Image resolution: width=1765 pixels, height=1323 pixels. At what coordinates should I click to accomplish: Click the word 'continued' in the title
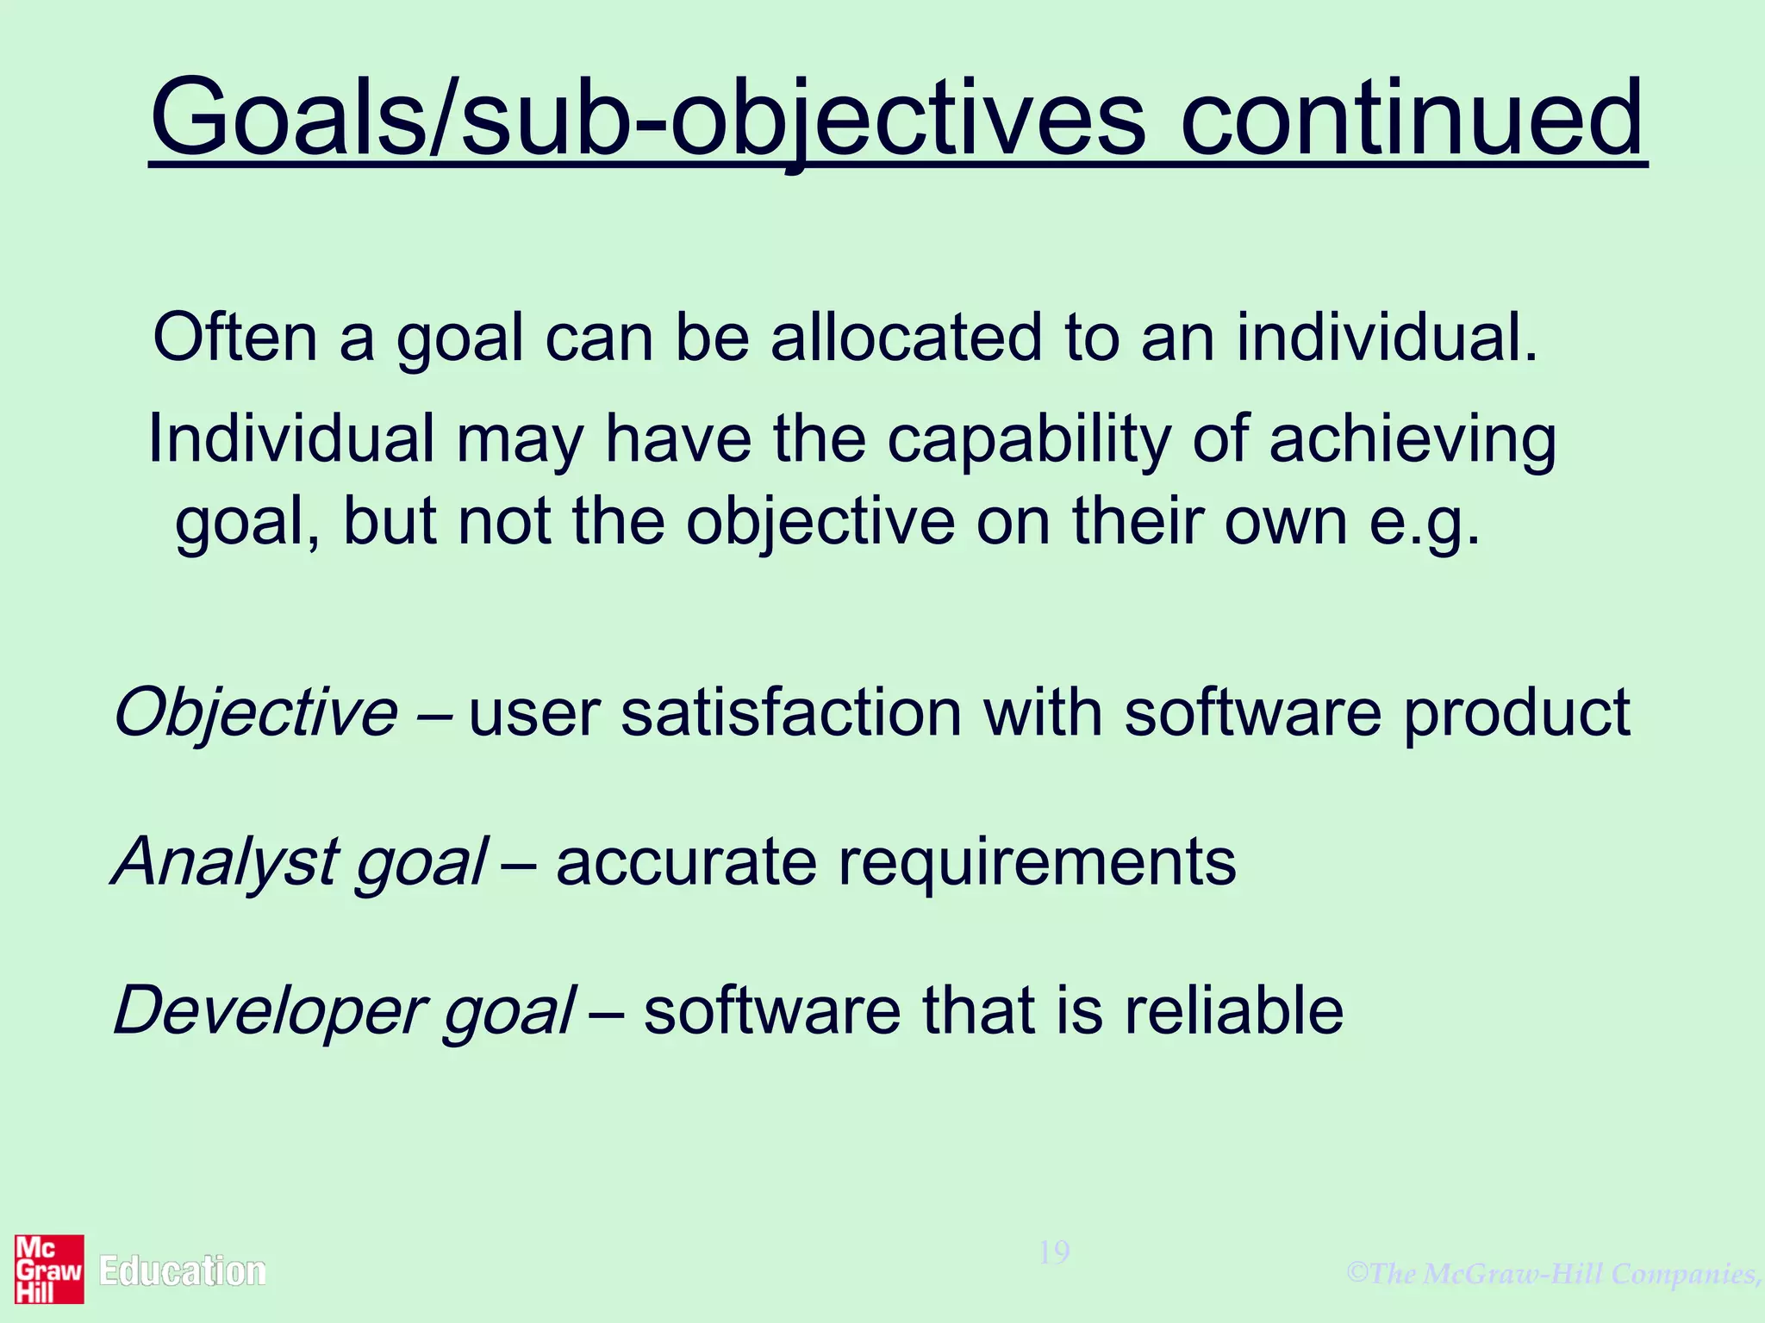(x=1412, y=118)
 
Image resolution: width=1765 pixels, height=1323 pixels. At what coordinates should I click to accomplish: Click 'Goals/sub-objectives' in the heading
(x=646, y=118)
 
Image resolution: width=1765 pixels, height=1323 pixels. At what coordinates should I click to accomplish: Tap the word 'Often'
(x=234, y=337)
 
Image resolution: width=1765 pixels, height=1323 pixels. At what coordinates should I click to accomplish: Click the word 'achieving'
(x=1413, y=439)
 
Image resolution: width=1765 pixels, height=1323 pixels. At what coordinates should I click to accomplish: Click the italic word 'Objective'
(x=256, y=713)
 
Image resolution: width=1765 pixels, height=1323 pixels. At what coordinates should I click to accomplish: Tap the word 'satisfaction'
(x=790, y=713)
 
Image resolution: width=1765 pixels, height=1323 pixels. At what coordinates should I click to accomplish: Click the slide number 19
(x=1054, y=1252)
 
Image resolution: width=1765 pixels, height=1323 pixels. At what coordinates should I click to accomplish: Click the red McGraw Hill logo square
(x=49, y=1269)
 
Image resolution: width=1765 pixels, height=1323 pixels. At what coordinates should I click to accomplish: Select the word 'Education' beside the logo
(x=182, y=1271)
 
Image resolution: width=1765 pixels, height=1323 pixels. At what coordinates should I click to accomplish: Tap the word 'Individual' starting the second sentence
(x=291, y=439)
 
